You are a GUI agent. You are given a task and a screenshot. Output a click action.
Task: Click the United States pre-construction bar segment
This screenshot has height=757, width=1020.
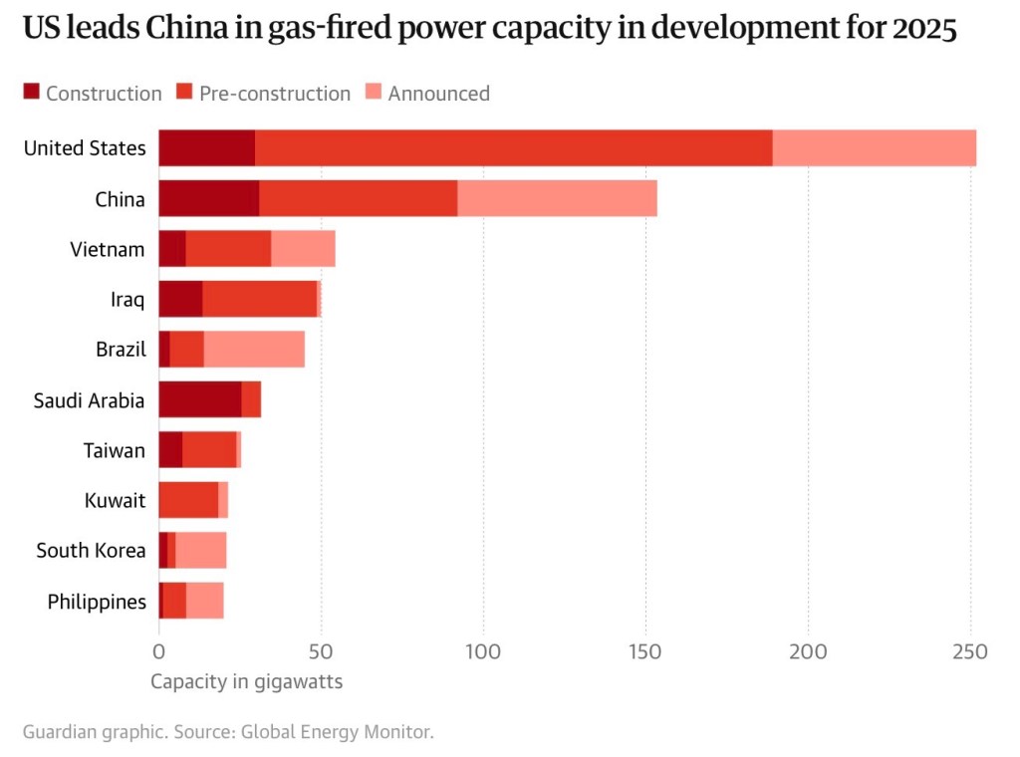pos(513,148)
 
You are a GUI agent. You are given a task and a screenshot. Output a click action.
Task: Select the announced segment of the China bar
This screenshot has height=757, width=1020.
pos(557,198)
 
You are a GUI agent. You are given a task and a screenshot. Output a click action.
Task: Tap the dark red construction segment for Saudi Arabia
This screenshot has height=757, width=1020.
pos(199,400)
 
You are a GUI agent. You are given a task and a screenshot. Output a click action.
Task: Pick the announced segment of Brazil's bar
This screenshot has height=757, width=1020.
pos(254,350)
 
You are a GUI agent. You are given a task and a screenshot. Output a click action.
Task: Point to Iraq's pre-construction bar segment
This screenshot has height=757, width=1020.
pos(259,299)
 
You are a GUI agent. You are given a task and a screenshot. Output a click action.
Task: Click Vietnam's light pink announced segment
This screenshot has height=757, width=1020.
pos(303,249)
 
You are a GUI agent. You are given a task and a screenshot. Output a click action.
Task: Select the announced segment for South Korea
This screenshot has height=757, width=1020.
pos(200,551)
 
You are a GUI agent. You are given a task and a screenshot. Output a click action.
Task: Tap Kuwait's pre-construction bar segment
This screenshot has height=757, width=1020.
pos(188,500)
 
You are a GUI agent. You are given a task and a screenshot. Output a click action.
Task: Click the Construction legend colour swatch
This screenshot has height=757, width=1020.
pos(31,93)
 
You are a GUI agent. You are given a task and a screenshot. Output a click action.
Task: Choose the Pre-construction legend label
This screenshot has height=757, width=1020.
pos(275,94)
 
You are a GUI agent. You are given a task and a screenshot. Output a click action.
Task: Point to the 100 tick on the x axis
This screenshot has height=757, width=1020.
pos(483,652)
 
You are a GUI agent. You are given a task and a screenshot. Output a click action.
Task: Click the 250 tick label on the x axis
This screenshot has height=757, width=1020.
pos(970,652)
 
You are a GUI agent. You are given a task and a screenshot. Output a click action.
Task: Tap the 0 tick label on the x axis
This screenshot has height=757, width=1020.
pos(158,652)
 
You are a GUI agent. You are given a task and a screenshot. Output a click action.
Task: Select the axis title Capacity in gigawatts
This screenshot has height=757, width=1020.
pos(246,682)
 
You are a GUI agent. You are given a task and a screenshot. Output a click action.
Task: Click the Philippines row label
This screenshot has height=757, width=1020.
pos(97,602)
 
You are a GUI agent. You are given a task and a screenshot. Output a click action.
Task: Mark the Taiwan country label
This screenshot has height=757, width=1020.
pos(114,450)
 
